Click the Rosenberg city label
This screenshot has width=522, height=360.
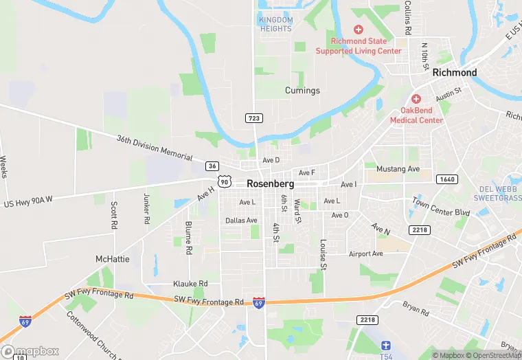tap(270, 184)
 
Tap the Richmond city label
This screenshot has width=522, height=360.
tap(455, 72)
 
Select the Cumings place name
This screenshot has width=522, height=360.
tap(302, 91)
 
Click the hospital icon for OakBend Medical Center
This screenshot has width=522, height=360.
tap(416, 100)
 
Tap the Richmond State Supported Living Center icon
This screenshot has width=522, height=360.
tap(358, 30)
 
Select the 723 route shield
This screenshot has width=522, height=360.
tap(253, 118)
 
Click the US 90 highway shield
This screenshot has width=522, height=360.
tap(225, 181)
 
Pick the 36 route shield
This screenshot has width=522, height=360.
tap(212, 166)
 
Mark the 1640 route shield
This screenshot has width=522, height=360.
tap(446, 179)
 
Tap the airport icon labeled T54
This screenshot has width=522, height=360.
tap(387, 346)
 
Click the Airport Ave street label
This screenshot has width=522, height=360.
tap(365, 254)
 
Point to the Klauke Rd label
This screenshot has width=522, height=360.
tap(190, 284)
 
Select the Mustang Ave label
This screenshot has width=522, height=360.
tap(398, 169)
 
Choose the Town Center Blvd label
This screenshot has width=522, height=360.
tap(441, 207)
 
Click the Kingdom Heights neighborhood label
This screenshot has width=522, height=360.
tap(275, 24)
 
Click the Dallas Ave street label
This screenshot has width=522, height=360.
tap(241, 221)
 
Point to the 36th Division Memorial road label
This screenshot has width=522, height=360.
tap(155, 148)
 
